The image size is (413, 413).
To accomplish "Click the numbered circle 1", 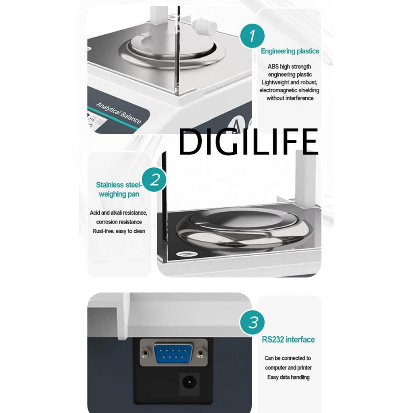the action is point(252,35).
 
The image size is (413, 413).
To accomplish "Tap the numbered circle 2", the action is point(154,179).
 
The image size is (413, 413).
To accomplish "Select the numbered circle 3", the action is point(252,322).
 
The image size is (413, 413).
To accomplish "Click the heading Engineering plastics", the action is point(290,51).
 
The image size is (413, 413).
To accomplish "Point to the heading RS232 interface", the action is point(288,340).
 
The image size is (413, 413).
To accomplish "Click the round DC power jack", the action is point(189,382).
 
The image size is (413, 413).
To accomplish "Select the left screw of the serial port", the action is point(145,353).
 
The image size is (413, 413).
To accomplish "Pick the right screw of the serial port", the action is point(201,353).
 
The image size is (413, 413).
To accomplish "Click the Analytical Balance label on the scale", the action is point(119,113).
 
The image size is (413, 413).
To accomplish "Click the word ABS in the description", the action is point(273,67).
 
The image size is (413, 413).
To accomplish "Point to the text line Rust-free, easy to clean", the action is point(119,231).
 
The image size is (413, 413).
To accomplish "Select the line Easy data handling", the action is point(288,377).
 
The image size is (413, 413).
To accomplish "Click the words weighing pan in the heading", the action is point(119,194).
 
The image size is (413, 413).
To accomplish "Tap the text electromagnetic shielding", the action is point(289,90).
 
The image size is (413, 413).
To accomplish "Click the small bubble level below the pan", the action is point(186,254).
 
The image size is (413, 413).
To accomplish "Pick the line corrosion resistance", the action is point(119,222).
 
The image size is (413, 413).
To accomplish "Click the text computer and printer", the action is point(288,368).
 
